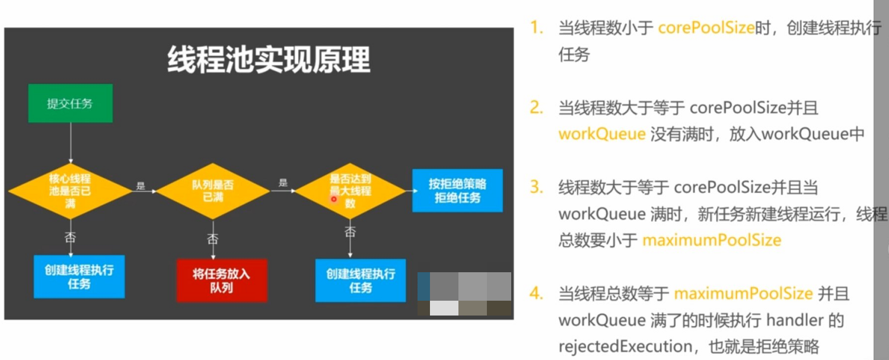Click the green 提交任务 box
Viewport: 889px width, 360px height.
(70, 104)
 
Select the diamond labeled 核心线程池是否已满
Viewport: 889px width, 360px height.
(70, 191)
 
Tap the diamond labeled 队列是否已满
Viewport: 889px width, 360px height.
(213, 191)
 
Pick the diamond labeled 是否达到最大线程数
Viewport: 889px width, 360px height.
(350, 191)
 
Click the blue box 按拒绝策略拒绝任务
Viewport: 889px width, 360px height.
(457, 190)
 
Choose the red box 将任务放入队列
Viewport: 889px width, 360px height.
(221, 281)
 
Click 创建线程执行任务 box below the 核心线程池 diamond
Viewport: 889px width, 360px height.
(79, 277)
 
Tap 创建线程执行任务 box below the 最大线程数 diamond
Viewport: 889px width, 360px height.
(361, 281)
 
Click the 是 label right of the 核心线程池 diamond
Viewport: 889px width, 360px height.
(141, 186)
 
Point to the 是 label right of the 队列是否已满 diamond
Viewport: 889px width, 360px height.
(283, 183)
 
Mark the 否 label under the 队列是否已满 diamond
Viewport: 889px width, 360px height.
(212, 239)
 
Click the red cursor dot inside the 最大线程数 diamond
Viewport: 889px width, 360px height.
(334, 199)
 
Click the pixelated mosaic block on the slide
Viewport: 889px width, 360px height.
(464, 294)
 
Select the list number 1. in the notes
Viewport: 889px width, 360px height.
(537, 28)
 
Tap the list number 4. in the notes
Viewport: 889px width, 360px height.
(537, 294)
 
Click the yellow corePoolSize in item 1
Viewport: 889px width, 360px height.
(706, 28)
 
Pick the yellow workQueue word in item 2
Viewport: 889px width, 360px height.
(601, 134)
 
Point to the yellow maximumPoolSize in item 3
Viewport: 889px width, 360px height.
(712, 240)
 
